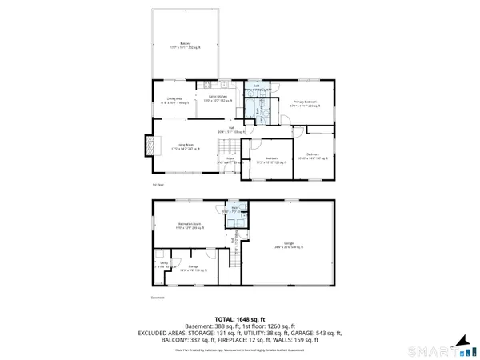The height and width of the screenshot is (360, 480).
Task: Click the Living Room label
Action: [188, 146]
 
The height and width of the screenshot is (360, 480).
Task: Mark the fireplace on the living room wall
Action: [148, 146]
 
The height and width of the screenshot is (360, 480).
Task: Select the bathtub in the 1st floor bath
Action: [260, 112]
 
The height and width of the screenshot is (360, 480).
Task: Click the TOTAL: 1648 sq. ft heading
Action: [240, 319]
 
